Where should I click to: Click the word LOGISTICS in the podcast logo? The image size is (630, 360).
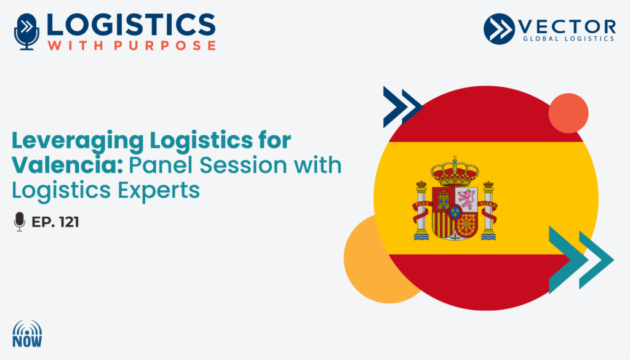point(131,25)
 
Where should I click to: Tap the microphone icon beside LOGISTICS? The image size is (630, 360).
point(26,32)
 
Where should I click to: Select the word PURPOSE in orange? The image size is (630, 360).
point(165,46)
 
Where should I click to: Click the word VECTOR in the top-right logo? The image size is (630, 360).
point(567,27)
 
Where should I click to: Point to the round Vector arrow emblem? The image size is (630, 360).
point(499,29)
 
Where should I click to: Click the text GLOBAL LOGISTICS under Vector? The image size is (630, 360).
point(568,39)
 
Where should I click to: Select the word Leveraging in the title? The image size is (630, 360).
point(78,142)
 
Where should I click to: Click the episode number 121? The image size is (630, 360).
point(69,222)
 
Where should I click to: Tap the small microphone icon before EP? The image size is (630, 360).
point(19,222)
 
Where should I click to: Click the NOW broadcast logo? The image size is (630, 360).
point(27,334)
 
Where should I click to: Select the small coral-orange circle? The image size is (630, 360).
point(568,113)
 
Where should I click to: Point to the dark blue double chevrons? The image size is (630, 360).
point(402,107)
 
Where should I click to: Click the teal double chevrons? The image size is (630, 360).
point(581,260)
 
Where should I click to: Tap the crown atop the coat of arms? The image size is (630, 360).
point(455,170)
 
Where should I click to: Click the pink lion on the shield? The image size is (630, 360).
point(467,199)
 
